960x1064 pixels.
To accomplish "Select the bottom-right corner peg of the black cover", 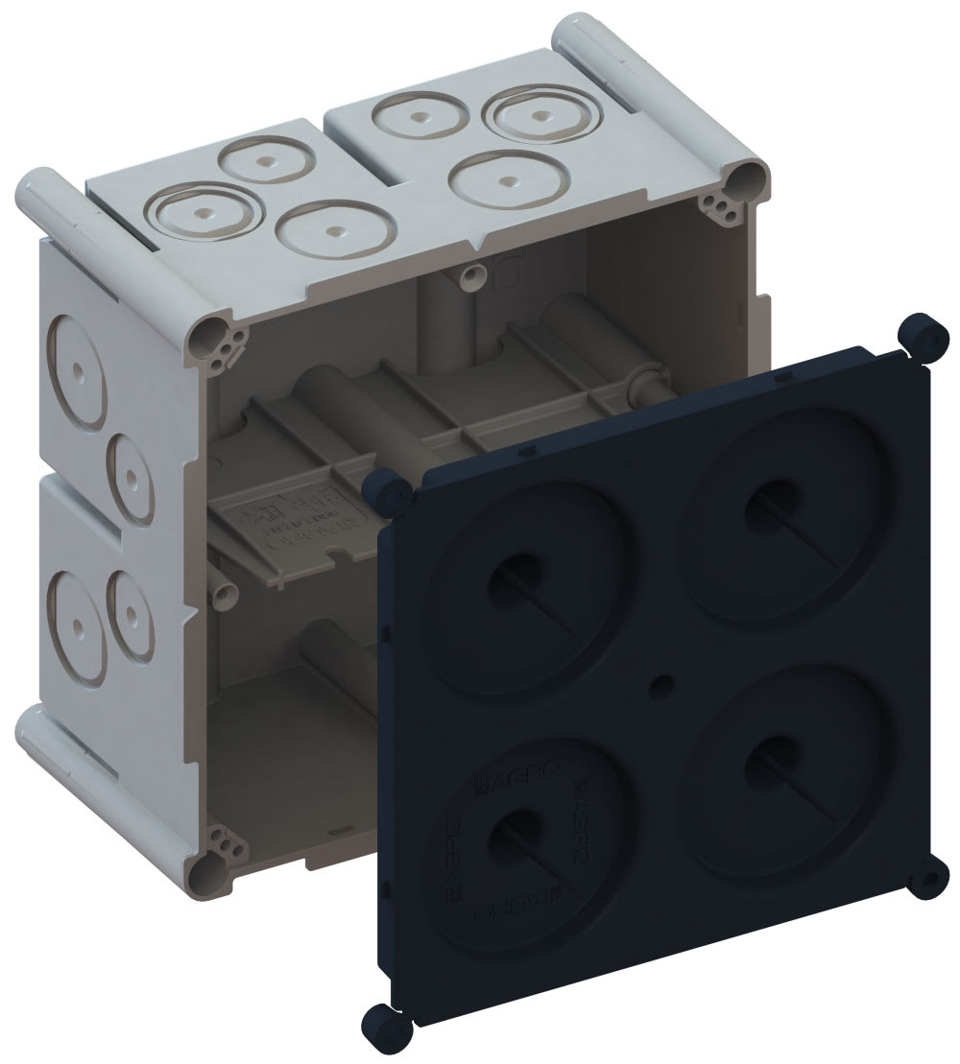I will (928, 878).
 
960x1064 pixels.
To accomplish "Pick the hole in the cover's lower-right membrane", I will (757, 764).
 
